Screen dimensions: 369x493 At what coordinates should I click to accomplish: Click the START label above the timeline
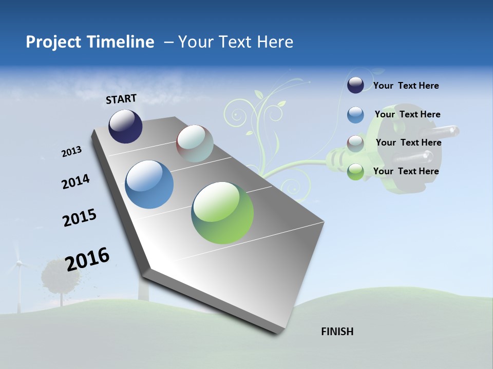121,99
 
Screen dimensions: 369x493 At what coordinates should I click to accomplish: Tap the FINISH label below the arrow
337,332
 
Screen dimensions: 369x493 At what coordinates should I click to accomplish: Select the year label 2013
71,152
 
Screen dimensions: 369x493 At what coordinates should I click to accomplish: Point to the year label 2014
75,181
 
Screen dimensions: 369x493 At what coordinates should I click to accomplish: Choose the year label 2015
80,217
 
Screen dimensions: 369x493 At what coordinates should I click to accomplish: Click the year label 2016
87,259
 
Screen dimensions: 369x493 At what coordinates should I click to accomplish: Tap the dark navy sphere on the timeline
125,126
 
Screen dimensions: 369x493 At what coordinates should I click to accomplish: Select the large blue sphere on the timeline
149,184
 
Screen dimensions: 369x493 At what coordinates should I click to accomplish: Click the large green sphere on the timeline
222,213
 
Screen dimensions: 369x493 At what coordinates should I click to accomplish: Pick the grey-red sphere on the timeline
195,143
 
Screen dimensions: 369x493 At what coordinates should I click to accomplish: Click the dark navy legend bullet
355,86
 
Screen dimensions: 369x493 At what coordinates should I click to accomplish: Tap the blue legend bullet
355,115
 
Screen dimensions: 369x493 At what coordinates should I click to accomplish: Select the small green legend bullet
355,172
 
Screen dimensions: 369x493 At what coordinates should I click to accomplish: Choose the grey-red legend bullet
355,143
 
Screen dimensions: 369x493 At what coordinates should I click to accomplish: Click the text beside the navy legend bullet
406,86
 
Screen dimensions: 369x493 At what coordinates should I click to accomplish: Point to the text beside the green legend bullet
406,171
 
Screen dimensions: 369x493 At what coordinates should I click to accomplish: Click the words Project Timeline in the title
90,42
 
